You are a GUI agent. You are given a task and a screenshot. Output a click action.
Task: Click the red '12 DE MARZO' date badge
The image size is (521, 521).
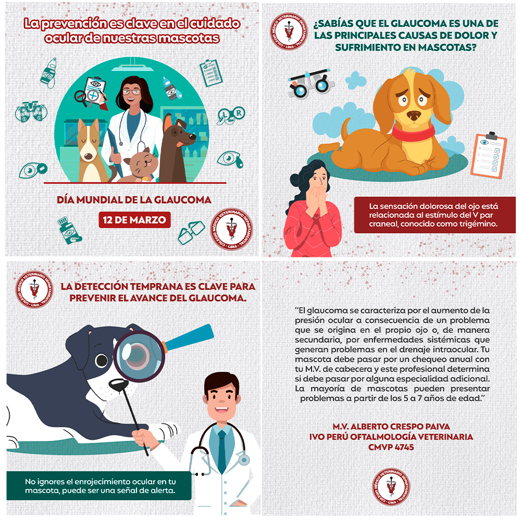(x=134, y=220)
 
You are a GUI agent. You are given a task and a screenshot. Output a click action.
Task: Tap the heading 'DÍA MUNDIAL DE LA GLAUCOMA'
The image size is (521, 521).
(x=134, y=200)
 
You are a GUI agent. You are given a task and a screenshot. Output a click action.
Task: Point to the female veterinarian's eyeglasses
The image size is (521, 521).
(x=132, y=92)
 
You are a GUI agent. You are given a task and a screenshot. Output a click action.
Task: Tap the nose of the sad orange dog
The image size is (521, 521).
(x=414, y=115)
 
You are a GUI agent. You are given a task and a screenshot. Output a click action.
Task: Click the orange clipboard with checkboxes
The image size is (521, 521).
(x=489, y=155)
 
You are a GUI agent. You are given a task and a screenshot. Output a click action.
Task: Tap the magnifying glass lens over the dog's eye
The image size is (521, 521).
(x=139, y=356)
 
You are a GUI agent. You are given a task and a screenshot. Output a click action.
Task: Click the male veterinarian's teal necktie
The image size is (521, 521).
(x=221, y=451)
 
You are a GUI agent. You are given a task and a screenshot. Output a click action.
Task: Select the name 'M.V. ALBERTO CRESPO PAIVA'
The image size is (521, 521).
(x=391, y=426)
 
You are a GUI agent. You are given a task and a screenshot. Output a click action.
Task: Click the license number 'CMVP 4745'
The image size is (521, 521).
(x=391, y=447)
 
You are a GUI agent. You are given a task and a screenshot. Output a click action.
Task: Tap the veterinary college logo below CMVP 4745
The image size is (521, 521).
(x=391, y=487)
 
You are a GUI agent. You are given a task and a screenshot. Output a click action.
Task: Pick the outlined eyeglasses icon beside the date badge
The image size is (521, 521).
(x=191, y=232)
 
